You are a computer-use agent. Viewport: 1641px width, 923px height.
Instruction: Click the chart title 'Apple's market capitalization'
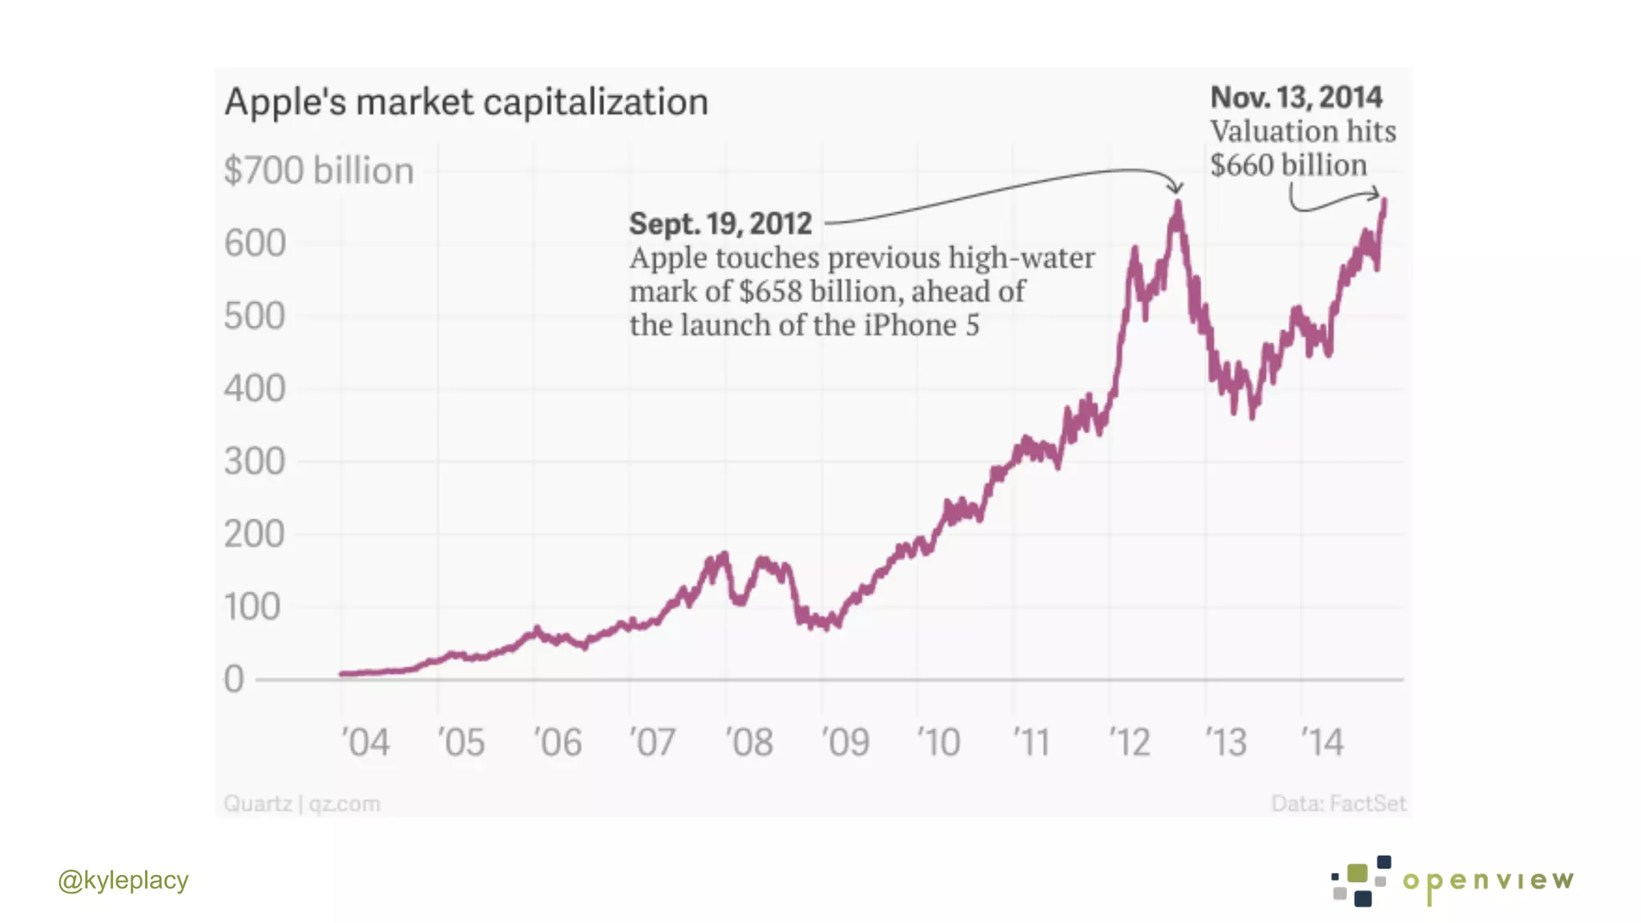point(466,103)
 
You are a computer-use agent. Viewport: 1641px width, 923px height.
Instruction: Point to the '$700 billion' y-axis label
point(319,171)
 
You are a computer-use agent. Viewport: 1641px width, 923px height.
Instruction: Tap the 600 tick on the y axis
point(255,244)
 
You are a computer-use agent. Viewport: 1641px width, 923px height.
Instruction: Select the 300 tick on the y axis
point(255,462)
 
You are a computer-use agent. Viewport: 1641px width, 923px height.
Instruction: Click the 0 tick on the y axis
point(234,679)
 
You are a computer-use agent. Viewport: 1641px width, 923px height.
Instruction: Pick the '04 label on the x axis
point(365,743)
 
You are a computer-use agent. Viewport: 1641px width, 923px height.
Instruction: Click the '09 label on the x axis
point(845,743)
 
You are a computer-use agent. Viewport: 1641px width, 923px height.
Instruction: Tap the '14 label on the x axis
point(1322,743)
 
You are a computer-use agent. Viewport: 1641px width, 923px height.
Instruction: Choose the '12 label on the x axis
point(1130,743)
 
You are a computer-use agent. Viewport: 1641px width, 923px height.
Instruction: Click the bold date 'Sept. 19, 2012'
point(720,224)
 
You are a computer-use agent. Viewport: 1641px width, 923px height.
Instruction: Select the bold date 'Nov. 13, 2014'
point(1296,98)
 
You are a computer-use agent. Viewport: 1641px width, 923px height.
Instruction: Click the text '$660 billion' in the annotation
point(1288,165)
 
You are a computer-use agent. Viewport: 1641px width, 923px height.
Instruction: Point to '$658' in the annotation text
point(770,292)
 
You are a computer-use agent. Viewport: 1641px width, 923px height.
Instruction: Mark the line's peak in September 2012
point(1178,204)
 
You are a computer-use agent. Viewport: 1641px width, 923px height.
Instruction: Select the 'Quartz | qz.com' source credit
point(302,804)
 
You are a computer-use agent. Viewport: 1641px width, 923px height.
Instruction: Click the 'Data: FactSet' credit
point(1338,804)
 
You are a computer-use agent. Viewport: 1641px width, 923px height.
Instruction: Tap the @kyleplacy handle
point(123,881)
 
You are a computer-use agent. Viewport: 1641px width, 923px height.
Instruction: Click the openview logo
point(1452,881)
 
